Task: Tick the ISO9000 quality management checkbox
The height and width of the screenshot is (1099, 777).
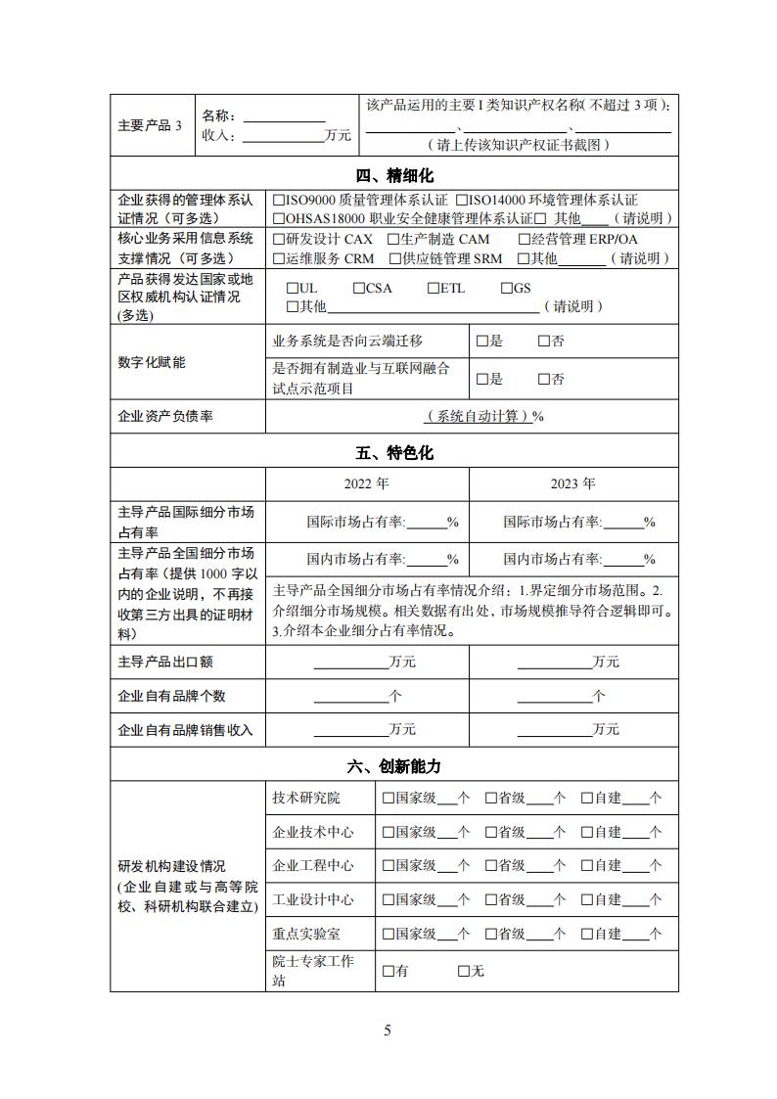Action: click(280, 200)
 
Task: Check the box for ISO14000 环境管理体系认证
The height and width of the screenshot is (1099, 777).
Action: click(462, 200)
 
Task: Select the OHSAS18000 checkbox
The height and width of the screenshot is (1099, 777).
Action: click(280, 218)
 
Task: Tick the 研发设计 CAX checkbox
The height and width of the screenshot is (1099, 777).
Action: click(280, 239)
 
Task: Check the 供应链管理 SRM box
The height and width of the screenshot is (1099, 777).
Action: click(394, 258)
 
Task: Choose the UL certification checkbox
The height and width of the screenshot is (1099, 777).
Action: click(293, 289)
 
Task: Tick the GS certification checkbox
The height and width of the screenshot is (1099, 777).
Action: click(507, 289)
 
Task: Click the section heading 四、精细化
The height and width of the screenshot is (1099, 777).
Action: click(393, 175)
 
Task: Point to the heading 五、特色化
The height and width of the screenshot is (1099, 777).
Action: click(393, 453)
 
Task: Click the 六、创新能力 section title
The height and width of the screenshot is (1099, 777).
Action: click(393, 766)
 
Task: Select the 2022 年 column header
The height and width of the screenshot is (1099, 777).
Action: click(366, 483)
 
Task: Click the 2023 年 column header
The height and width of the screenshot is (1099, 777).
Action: click(572, 483)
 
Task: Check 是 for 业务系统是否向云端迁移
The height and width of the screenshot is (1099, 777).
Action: click(481, 342)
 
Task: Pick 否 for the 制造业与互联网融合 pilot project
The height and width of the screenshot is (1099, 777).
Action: click(544, 379)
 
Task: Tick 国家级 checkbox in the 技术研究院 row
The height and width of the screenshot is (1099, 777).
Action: click(388, 799)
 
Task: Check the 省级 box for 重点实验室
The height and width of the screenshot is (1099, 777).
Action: click(491, 934)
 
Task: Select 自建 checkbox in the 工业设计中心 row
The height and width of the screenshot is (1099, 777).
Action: click(587, 899)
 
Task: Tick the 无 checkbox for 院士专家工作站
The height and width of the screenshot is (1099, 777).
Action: click(464, 971)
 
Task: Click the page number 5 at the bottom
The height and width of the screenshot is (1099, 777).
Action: click(388, 1030)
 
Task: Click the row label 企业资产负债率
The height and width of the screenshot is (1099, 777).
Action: click(165, 417)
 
